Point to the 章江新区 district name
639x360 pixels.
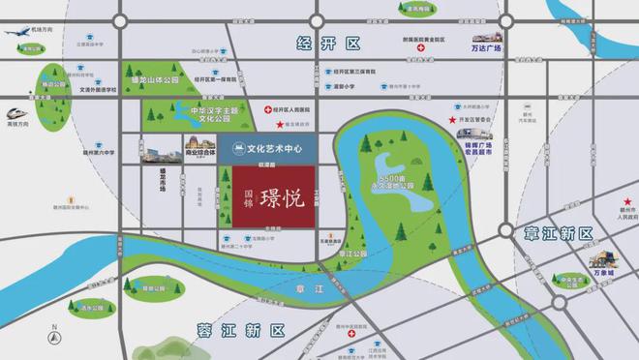click(561, 233)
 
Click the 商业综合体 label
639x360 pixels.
click(200, 152)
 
